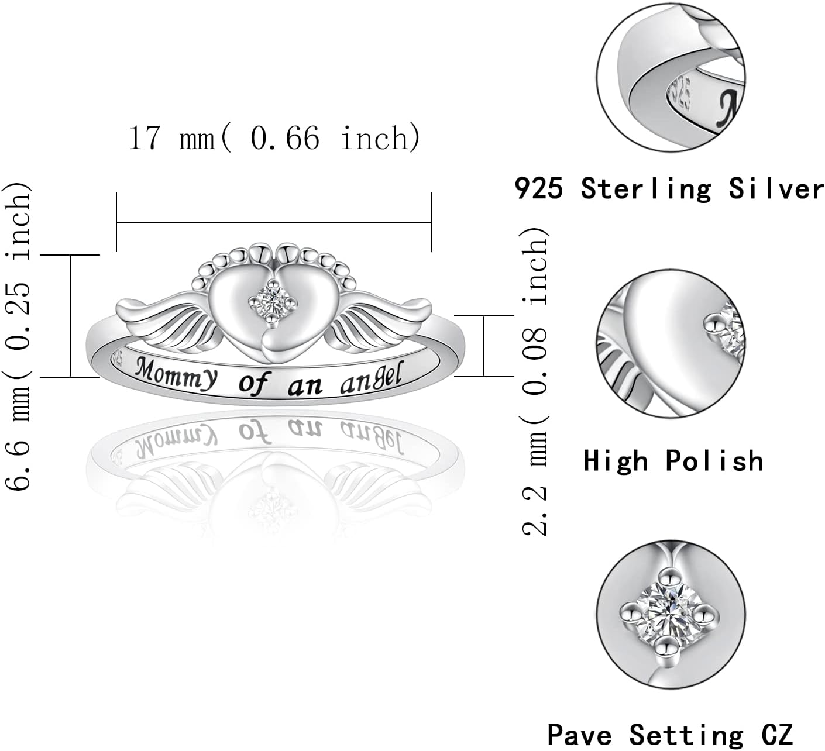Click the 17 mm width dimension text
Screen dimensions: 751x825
(274, 139)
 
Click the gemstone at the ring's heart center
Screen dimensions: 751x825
(274, 301)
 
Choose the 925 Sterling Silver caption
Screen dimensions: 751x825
(669, 189)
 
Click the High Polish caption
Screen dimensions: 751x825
(673, 461)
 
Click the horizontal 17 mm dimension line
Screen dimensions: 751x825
(274, 222)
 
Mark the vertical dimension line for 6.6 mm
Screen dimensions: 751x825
(71, 316)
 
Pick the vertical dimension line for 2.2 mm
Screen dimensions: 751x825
(484, 346)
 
